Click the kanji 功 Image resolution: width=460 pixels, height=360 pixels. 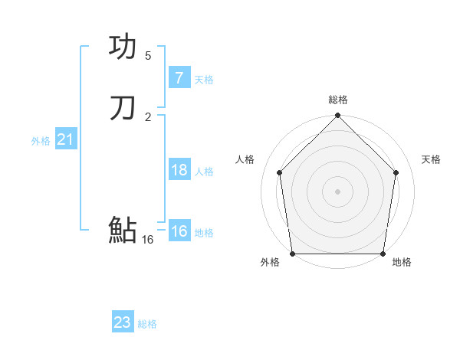click(x=123, y=47)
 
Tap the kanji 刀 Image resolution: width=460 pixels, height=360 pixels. click(x=123, y=108)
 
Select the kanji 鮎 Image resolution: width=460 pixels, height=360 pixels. click(x=123, y=229)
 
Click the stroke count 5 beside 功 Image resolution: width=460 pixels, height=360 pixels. click(x=148, y=55)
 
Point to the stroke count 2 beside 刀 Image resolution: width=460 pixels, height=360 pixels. click(x=148, y=116)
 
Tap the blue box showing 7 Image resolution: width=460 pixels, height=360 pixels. click(x=179, y=78)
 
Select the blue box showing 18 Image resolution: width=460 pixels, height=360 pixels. click(x=179, y=170)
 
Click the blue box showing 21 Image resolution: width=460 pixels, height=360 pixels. click(x=65, y=139)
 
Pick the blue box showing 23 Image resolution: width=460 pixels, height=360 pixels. click(x=122, y=322)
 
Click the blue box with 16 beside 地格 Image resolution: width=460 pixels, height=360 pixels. click(x=179, y=231)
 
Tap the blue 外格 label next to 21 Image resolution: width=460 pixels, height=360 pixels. click(x=41, y=140)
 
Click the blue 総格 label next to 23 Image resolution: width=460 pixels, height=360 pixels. click(x=147, y=324)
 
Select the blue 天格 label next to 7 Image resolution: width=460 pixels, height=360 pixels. click(x=204, y=79)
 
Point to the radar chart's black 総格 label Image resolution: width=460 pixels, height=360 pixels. click(x=338, y=100)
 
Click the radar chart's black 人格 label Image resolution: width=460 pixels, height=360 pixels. click(x=245, y=159)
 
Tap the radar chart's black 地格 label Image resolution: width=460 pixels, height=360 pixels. click(x=402, y=262)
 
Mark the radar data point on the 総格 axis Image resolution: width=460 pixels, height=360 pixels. click(x=337, y=116)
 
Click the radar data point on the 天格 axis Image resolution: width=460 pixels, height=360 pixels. click(x=396, y=172)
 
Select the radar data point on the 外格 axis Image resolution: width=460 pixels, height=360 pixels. click(x=292, y=254)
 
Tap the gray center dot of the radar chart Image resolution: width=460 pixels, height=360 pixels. click(x=337, y=191)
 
